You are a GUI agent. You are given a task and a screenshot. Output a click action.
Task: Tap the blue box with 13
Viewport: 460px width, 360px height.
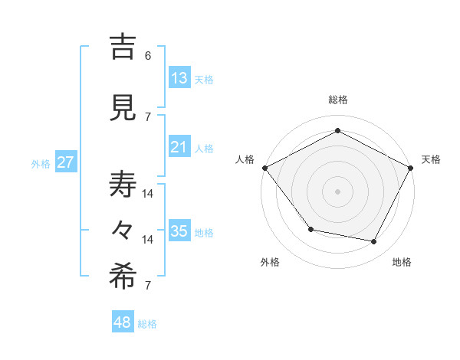[179, 78]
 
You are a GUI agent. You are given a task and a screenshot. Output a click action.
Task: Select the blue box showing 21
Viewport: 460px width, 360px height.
[179, 147]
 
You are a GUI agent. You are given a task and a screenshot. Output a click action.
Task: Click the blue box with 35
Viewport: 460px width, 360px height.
[179, 231]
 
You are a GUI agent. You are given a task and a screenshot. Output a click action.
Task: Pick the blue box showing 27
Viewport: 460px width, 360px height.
[65, 162]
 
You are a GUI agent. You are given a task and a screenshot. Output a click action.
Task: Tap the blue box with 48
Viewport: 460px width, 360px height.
[123, 322]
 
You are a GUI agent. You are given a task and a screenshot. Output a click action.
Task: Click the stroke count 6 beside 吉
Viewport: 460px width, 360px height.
[148, 56]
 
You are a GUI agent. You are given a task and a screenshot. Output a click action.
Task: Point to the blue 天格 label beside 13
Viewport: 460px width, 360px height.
[204, 80]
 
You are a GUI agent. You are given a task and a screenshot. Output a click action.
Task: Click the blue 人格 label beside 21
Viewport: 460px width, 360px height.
[204, 149]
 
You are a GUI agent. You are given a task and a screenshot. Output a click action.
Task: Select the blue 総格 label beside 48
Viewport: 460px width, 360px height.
[147, 324]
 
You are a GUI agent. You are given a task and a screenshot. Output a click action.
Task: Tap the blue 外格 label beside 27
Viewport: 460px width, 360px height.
[41, 164]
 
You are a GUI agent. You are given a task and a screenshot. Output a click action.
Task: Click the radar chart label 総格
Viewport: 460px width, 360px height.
[337, 100]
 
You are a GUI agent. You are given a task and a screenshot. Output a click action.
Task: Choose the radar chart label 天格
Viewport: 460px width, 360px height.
[431, 159]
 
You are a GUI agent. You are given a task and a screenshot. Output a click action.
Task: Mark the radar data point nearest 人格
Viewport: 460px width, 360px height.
[264, 168]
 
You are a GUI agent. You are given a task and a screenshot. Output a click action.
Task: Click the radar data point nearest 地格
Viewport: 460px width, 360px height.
[374, 242]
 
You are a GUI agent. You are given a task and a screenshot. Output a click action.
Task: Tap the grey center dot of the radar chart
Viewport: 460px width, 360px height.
[337, 191]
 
